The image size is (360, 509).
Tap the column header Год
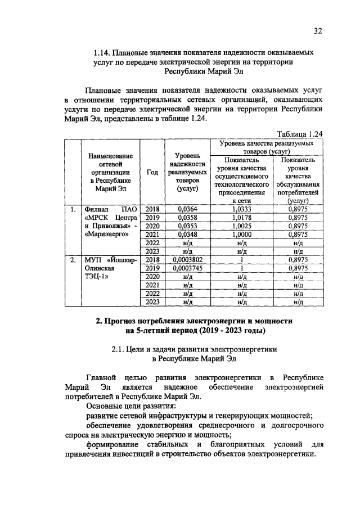point(152,172)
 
